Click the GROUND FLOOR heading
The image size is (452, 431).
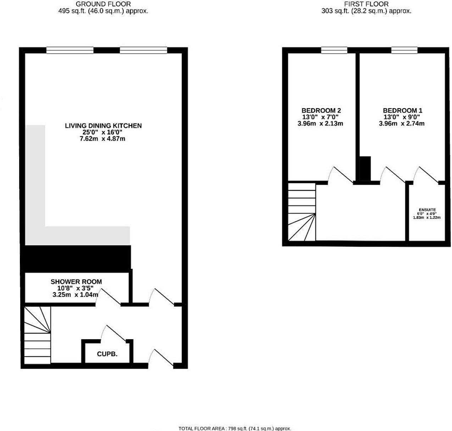(x=103, y=4)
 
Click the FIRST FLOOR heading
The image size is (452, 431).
(x=366, y=4)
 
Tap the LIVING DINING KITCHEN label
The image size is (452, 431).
(x=103, y=125)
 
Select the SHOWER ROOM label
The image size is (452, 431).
(x=76, y=282)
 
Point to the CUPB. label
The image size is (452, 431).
(x=107, y=354)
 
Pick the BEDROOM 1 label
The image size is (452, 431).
(x=402, y=111)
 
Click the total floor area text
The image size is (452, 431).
(x=234, y=429)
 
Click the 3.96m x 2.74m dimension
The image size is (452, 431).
(x=402, y=124)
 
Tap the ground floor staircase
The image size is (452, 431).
(x=37, y=335)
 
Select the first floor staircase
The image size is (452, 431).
(x=301, y=212)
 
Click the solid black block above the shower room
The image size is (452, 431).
(x=76, y=258)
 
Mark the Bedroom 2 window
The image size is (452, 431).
(x=334, y=50)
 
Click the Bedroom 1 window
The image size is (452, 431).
(x=404, y=50)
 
